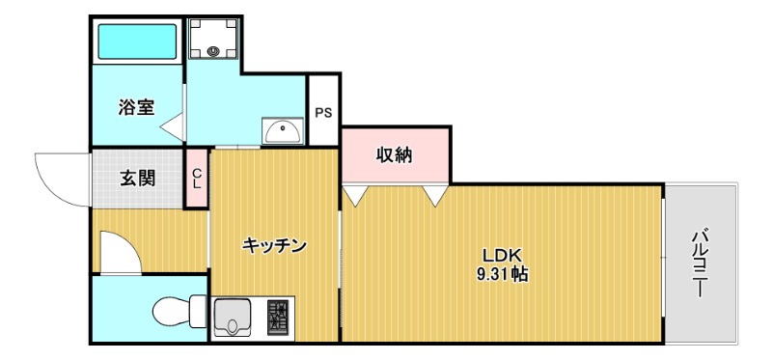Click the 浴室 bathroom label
coord(136,107)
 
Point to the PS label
coord(323,112)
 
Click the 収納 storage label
coord(395,154)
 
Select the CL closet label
coord(197,179)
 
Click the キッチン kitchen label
coord(274,245)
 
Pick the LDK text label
coord(502,256)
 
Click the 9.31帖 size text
coord(502,274)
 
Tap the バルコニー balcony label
coord(702,261)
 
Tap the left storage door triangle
coord(354,196)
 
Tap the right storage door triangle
coord(435,196)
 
